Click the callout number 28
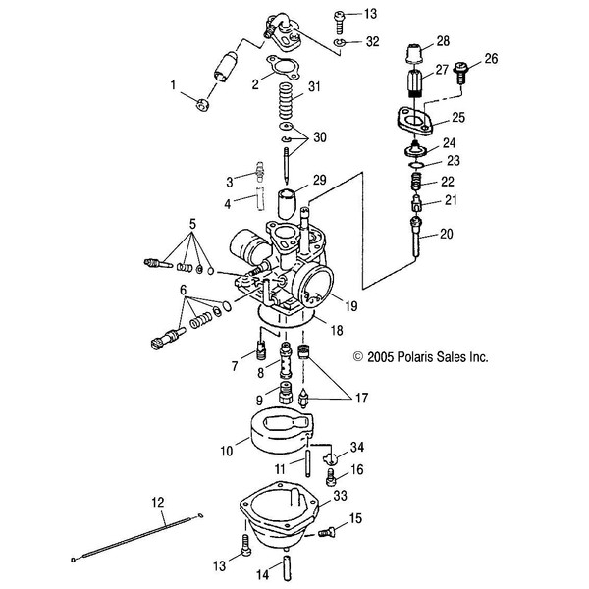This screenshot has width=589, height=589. [x=443, y=41]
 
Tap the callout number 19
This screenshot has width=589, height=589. [x=351, y=306]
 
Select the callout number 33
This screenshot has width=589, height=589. [x=341, y=496]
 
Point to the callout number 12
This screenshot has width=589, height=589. [x=158, y=502]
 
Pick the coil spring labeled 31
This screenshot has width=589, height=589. [x=286, y=101]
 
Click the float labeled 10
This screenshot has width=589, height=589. [x=282, y=431]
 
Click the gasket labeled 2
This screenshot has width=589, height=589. [x=284, y=68]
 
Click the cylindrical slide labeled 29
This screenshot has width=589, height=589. [x=287, y=204]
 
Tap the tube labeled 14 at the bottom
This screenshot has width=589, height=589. [x=287, y=567]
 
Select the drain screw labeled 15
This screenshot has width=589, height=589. [x=326, y=532]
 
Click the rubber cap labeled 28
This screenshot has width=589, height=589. [x=414, y=54]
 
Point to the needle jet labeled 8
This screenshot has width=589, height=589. [x=286, y=361]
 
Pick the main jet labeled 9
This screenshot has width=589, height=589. [x=285, y=393]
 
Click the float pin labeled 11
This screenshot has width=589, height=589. [x=308, y=458]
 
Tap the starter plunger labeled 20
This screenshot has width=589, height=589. [x=417, y=238]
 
